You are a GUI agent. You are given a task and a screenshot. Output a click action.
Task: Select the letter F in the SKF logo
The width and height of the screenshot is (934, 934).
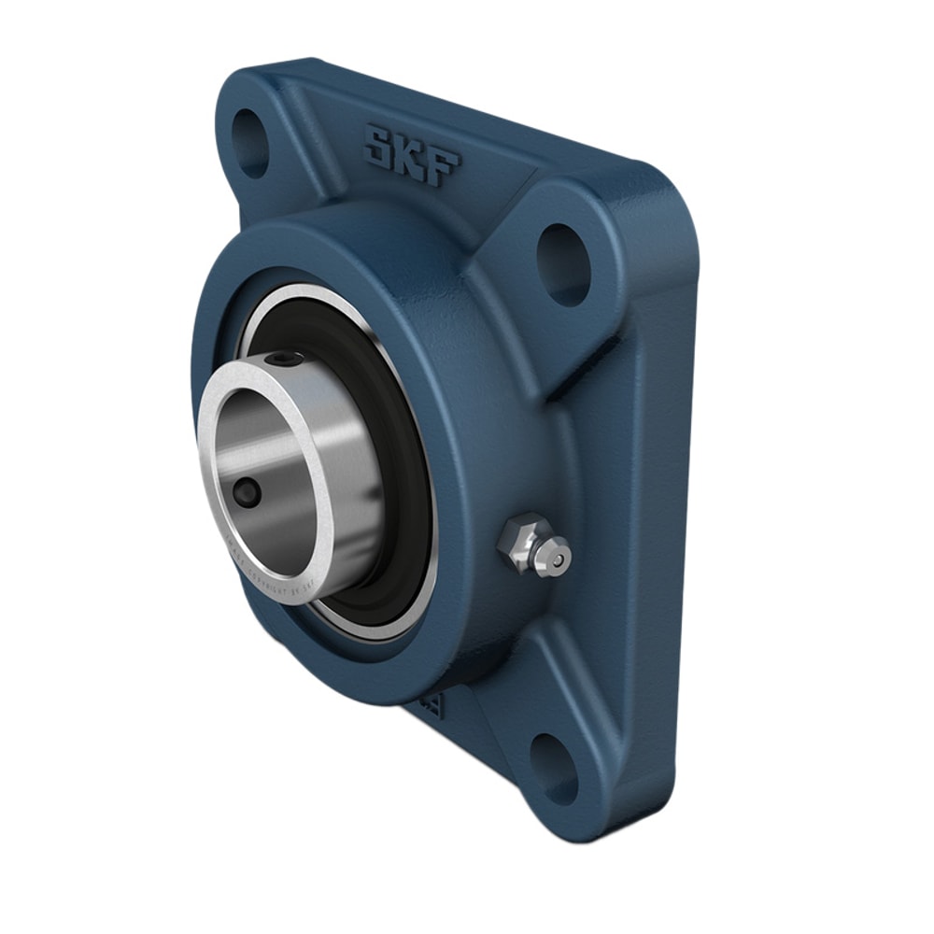(443, 166)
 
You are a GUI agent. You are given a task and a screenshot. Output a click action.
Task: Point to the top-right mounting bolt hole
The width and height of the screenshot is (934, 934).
(563, 263)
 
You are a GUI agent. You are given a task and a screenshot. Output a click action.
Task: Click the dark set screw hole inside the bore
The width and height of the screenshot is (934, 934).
(248, 493)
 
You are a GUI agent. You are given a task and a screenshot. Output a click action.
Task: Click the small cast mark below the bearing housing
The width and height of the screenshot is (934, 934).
(432, 702)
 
